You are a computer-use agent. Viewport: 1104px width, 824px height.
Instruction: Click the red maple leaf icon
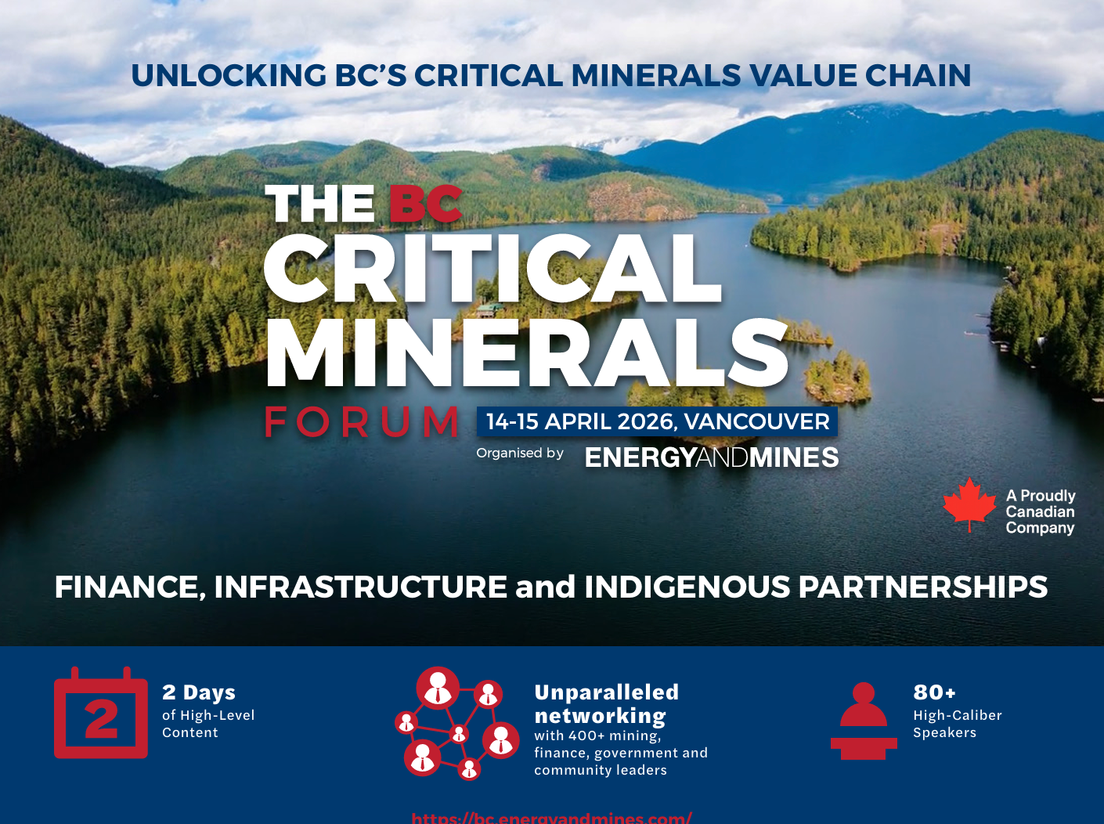point(969,504)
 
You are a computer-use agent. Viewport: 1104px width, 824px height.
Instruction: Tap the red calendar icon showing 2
point(101,714)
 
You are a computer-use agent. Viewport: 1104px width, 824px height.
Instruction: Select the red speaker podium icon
point(864,721)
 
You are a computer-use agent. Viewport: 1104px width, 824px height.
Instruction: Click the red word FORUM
point(362,423)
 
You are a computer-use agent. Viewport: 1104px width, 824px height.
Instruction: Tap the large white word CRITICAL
point(492,269)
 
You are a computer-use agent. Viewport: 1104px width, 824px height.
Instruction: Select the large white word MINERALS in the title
point(526,353)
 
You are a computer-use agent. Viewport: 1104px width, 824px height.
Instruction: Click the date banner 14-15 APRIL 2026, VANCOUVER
point(657,421)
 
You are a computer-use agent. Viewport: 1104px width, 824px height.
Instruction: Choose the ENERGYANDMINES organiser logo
point(711,457)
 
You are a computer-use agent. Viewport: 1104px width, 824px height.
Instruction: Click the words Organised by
point(520,454)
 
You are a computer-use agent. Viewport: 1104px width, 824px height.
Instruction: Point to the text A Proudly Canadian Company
point(1040,511)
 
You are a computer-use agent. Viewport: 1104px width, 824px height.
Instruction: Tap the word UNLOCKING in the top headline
point(229,76)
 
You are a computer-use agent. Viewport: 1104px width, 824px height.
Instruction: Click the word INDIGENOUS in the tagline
point(687,587)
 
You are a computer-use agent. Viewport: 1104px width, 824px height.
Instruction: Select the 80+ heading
point(934,692)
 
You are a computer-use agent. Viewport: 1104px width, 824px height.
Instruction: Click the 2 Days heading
point(199,693)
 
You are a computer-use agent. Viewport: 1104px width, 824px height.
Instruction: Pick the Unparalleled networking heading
point(606,704)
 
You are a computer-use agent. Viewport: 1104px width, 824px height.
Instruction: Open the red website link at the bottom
point(551,818)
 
